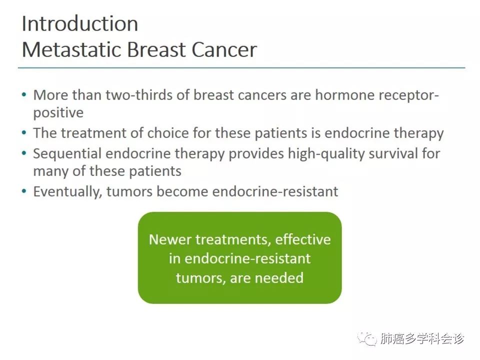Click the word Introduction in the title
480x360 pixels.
(80, 23)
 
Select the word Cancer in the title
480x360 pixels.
(224, 49)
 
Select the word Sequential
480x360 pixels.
(67, 153)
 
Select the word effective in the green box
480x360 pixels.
(303, 239)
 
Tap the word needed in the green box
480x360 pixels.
(279, 277)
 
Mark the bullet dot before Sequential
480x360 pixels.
(24, 153)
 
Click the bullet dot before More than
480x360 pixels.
(24, 94)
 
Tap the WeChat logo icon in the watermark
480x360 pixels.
(367, 339)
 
